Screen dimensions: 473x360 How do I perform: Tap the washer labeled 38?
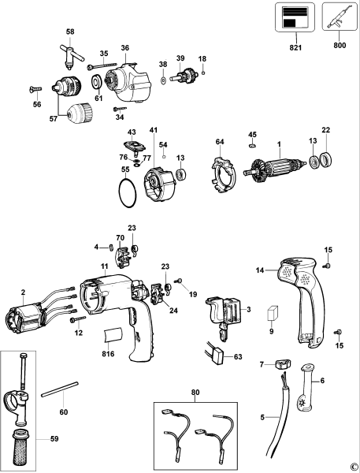[x=162, y=80]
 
